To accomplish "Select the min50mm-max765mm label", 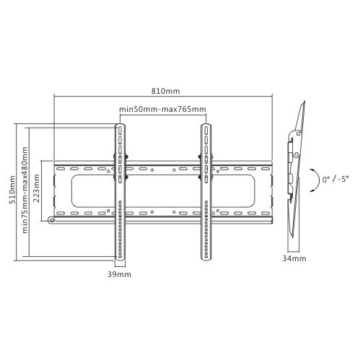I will coord(163,109).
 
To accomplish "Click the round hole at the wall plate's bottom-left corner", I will coord(49,219).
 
